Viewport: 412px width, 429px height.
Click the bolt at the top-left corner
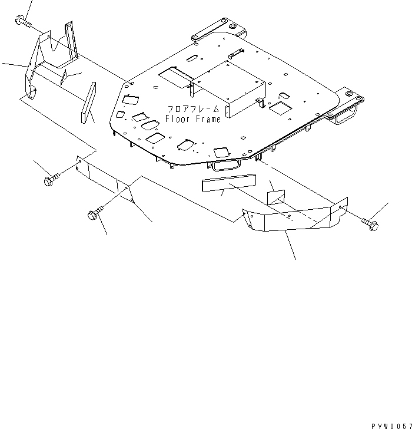click(22, 22)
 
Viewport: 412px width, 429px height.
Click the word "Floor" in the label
click(177, 119)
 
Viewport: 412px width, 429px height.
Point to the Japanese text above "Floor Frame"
click(192, 110)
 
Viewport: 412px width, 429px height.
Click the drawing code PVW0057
click(390, 424)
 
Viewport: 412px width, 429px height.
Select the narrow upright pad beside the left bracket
click(89, 103)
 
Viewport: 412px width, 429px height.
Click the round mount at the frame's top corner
click(232, 27)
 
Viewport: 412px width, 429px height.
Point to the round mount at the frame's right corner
click(351, 94)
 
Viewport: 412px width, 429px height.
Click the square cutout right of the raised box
click(279, 108)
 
